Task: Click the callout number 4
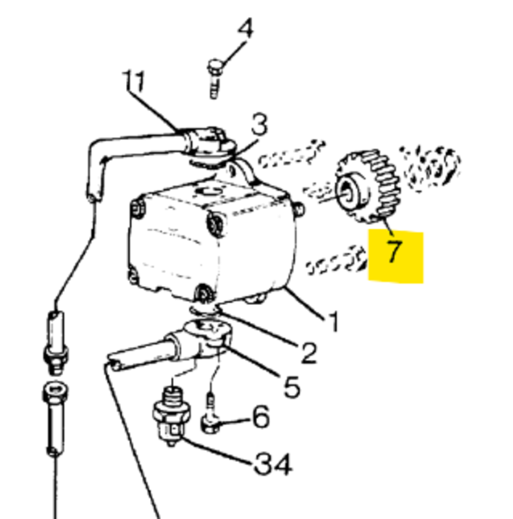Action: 245,30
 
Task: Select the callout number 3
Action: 259,126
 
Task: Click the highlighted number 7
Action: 395,250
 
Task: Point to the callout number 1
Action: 333,320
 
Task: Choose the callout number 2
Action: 307,352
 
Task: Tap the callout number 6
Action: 260,417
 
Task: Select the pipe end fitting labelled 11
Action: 206,141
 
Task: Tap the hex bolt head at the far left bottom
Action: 53,393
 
